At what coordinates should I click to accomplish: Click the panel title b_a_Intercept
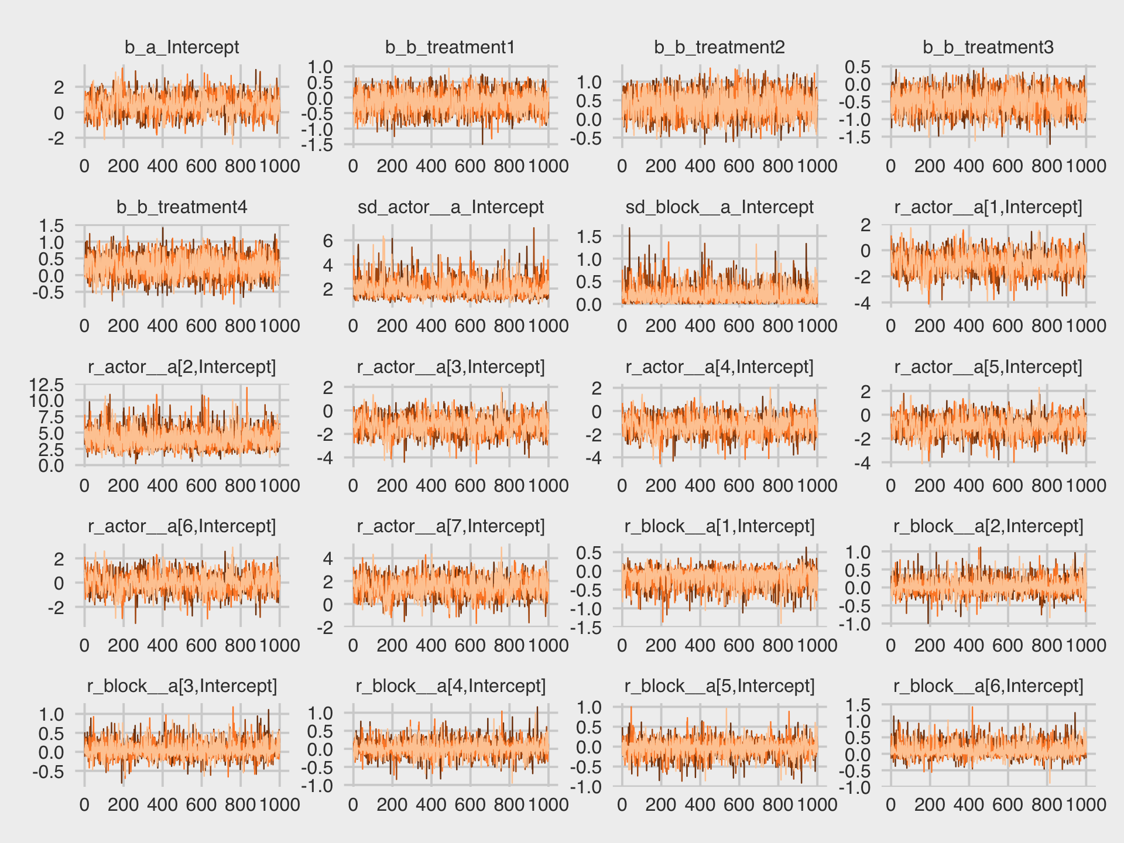[x=181, y=47]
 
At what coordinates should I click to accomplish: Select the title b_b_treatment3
[x=988, y=47]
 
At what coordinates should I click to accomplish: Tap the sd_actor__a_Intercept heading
[x=450, y=207]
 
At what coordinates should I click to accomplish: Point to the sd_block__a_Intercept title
[x=719, y=207]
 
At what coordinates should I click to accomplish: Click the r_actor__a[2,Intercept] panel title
[x=181, y=367]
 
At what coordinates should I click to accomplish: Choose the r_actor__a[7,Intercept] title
[x=450, y=526]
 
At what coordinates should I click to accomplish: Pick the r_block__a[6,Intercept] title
[x=988, y=686]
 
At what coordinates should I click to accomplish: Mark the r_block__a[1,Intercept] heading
[x=719, y=526]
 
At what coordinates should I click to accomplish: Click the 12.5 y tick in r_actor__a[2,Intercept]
[x=46, y=385]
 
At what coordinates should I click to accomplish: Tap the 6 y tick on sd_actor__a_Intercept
[x=327, y=241]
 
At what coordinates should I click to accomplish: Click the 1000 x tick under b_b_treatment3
[x=1086, y=166]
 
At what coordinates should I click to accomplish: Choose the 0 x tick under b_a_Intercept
[x=84, y=166]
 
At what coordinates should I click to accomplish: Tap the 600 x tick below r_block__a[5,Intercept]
[x=739, y=805]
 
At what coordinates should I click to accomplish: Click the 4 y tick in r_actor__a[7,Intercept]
[x=327, y=558]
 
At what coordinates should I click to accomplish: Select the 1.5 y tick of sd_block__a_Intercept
[x=588, y=237]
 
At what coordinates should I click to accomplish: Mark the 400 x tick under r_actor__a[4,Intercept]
[x=700, y=486]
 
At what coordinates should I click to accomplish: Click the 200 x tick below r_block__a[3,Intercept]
[x=123, y=805]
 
